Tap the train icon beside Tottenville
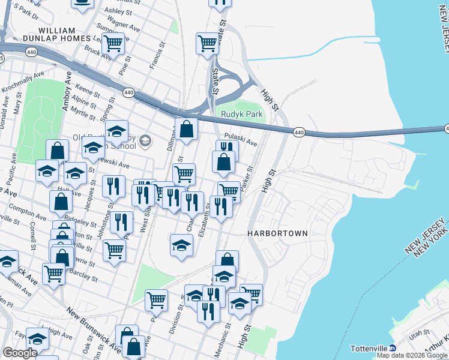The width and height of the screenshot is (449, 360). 393,348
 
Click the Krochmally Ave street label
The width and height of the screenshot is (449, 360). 23,82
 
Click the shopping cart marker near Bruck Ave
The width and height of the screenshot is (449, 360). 113,43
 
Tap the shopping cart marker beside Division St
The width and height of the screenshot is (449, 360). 156,299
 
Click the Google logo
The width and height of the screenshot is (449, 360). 20,353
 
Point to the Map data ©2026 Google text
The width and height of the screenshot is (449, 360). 412,355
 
